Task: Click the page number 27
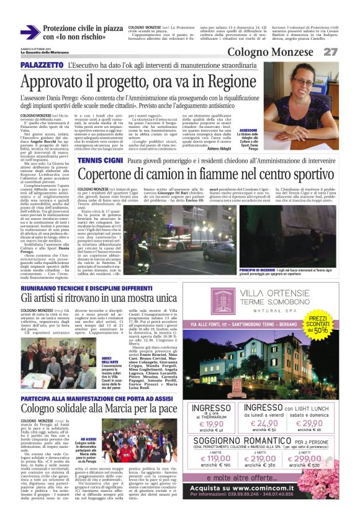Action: pyautogui.click(x=331, y=52)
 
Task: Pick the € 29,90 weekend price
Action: pyautogui.click(x=310, y=424)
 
